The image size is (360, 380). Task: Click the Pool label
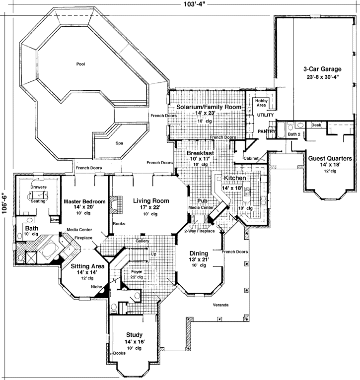click(x=80, y=64)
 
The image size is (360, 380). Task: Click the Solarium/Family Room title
click(x=205, y=107)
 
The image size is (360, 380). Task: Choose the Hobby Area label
click(x=262, y=103)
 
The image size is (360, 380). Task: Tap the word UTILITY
click(x=265, y=115)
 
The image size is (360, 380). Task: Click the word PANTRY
click(x=267, y=131)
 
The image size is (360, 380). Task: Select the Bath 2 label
click(x=294, y=134)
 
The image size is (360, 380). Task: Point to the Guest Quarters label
click(x=330, y=159)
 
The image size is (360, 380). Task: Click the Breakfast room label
click(x=200, y=154)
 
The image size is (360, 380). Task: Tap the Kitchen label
click(x=235, y=178)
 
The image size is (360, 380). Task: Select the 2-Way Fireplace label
click(x=199, y=231)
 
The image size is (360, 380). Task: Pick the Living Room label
click(x=151, y=201)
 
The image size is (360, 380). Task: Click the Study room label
click(x=134, y=334)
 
